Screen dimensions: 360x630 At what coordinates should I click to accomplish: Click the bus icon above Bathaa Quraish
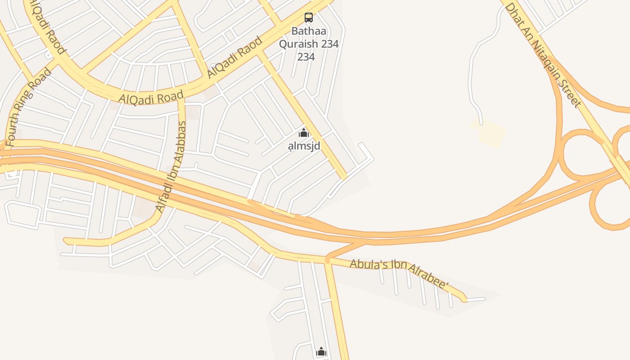[309, 18]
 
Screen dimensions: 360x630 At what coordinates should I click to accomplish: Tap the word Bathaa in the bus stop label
[309, 31]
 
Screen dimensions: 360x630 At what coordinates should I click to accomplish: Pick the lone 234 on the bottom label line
[306, 57]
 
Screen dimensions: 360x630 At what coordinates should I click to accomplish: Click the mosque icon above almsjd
[304, 133]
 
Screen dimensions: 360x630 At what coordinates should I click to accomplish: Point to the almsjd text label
[304, 146]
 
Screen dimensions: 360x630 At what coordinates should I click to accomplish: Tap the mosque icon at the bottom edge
[321, 351]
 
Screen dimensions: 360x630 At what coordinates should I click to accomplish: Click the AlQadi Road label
[151, 97]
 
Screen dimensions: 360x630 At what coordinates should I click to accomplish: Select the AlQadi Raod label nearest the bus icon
[235, 57]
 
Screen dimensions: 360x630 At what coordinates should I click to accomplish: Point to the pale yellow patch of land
[489, 132]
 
